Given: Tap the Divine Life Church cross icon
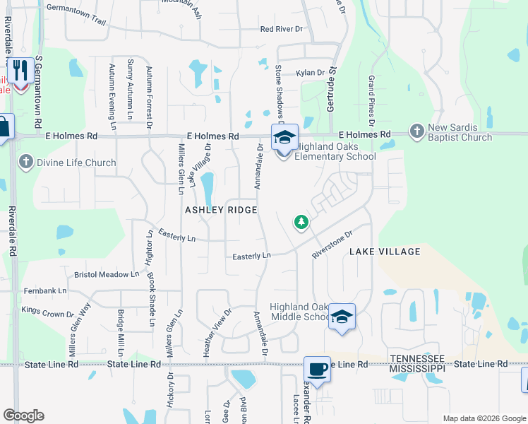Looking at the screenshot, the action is [26, 163].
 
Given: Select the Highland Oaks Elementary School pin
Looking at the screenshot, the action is [284, 137].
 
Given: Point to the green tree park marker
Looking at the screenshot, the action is [301, 223].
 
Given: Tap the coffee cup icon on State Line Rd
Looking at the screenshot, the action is [317, 369].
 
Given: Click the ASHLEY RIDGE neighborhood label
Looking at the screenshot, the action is [220, 211].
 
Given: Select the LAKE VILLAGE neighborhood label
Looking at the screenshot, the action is [385, 252].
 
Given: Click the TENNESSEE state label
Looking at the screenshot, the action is [418, 359].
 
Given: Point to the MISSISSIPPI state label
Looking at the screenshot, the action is [418, 368].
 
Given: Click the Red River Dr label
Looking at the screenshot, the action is [281, 29].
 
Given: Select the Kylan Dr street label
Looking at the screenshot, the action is [310, 73].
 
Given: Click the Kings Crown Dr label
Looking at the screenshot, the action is [47, 312].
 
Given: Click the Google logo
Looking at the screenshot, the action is [23, 416].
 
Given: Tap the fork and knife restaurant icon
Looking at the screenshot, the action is [20, 71].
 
